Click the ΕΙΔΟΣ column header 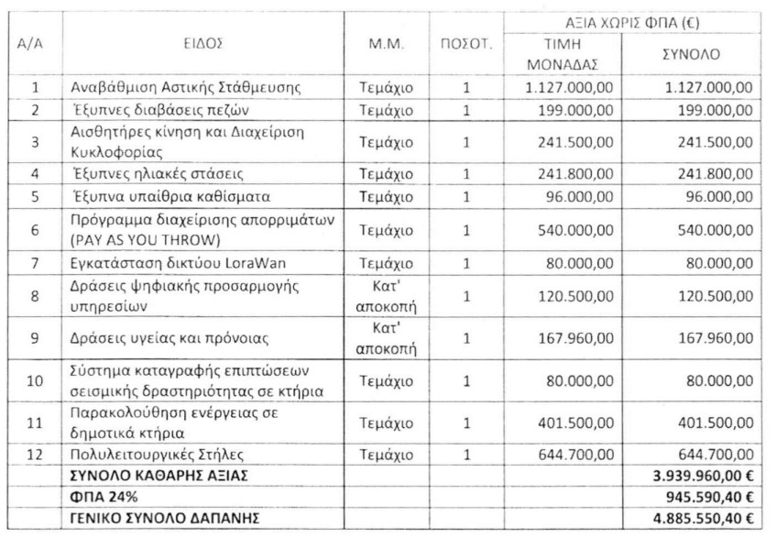(209, 43)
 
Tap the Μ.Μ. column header (386, 43)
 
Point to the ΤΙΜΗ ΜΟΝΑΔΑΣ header (563, 55)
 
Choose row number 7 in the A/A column (35, 263)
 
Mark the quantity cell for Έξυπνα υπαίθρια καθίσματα (466, 196)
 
